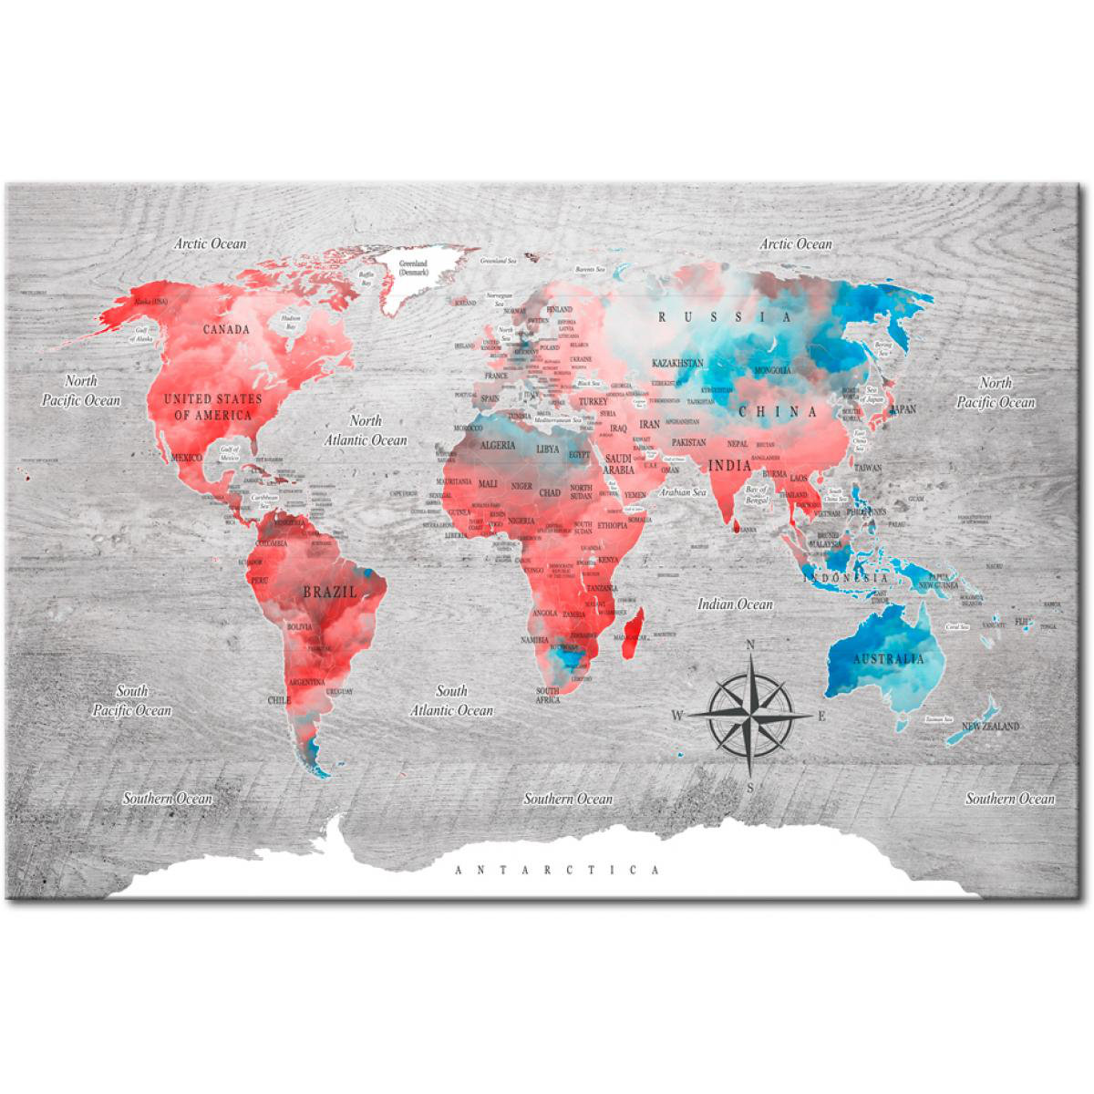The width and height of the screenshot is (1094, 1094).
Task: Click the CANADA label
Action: [x=226, y=329]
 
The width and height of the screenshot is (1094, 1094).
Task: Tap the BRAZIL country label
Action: [x=330, y=592]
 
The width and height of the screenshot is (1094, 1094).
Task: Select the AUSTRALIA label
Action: [x=887, y=658]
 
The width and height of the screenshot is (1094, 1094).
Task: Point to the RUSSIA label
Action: [x=726, y=317]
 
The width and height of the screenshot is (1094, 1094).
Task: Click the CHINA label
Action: [x=778, y=411]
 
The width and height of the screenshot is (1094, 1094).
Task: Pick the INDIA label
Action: [x=729, y=466]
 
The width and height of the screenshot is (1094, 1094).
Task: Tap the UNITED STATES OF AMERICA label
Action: [x=212, y=407]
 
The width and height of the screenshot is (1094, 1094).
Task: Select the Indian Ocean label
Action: [x=735, y=604]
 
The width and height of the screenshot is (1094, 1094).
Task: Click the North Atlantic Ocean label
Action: [x=366, y=430]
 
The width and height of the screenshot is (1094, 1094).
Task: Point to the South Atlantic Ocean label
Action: [x=451, y=700]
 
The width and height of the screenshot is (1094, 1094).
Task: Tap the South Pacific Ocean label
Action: [x=131, y=700]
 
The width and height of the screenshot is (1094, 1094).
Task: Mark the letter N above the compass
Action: [x=750, y=645]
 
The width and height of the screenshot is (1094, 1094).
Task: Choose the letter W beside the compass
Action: [x=677, y=716]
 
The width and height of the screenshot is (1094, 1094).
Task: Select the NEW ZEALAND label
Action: [x=990, y=727]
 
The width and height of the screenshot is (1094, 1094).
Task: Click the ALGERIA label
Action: [x=498, y=446]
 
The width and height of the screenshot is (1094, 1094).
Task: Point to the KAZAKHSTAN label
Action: [x=677, y=362]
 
